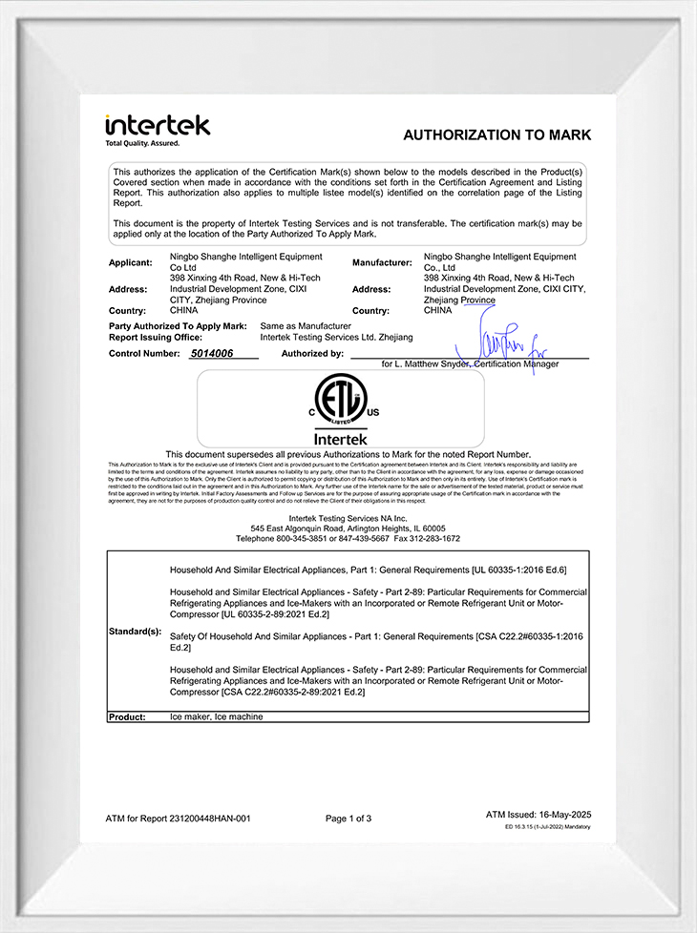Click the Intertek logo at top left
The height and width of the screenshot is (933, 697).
click(x=158, y=125)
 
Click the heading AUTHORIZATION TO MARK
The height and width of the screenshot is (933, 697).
click(x=496, y=135)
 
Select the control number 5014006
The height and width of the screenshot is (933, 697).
click(x=212, y=353)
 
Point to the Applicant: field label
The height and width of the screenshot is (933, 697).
click(x=131, y=262)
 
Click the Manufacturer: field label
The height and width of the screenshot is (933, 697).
click(x=382, y=262)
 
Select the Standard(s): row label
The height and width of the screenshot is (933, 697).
click(x=136, y=632)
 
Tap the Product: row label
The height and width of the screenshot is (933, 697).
click(x=127, y=716)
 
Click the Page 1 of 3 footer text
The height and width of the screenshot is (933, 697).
click(x=348, y=819)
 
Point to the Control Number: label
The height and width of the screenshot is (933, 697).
click(x=144, y=353)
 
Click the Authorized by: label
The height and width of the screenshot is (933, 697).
click(x=312, y=353)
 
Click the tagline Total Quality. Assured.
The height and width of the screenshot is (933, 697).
click(x=142, y=143)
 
